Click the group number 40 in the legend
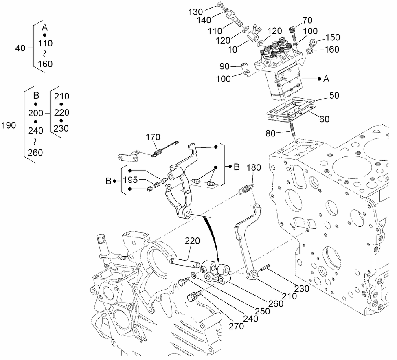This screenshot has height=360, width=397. (20, 48)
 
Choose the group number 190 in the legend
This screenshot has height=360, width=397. (9, 125)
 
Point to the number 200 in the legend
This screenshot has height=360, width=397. (36, 113)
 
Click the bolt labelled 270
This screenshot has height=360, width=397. (193, 296)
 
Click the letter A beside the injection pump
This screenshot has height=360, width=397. (326, 79)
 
